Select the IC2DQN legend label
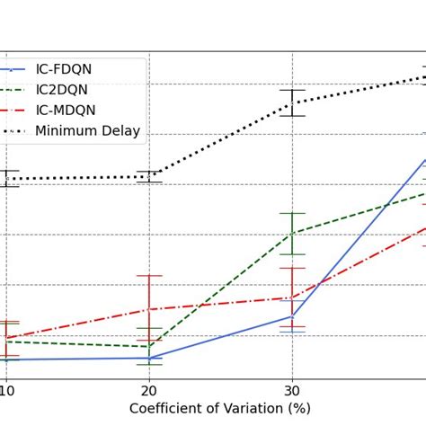tap(64, 90)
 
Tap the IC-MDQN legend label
tap(65, 111)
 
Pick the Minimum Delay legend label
tap(87, 131)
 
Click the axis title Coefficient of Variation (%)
tap(220, 409)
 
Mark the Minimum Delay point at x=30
tap(292, 103)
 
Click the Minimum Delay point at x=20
tap(149, 176)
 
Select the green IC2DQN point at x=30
tap(292, 233)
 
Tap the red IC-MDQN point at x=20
tap(149, 309)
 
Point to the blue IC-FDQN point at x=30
tap(292, 316)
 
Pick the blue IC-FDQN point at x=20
tap(149, 358)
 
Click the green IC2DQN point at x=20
tap(149, 347)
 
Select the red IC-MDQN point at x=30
tap(292, 297)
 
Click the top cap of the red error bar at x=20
tap(149, 275)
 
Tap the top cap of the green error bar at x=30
tap(292, 213)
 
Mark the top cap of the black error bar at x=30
tap(292, 90)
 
